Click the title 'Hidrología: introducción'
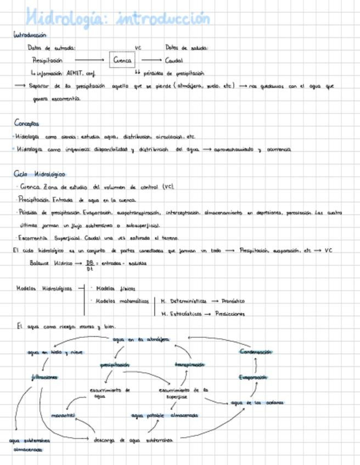click(118, 18)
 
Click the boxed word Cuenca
click(122, 60)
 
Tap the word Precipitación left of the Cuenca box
click(47, 60)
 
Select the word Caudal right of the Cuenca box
click(174, 60)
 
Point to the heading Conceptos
click(27, 123)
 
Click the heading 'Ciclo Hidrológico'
click(40, 174)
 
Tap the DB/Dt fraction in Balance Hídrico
click(89, 265)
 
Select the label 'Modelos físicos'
click(115, 288)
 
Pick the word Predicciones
click(230, 314)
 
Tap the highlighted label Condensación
click(256, 352)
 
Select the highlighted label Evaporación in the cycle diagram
click(253, 377)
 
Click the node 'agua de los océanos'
click(257, 403)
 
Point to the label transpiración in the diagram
click(189, 365)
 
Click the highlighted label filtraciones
click(45, 377)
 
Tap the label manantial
click(63, 416)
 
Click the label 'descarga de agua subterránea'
click(133, 440)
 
